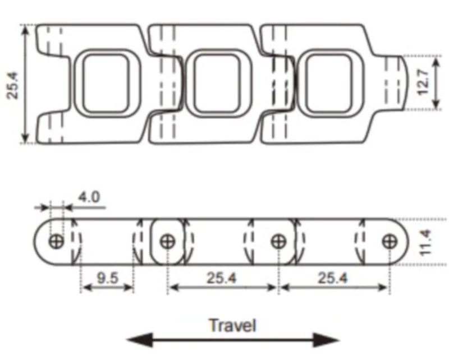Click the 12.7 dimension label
tap(423, 82)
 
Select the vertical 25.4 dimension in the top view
tap(13, 85)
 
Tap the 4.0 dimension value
tap(89, 197)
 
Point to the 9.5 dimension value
tap(107, 278)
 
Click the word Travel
tap(232, 325)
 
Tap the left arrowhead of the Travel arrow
tap(140, 340)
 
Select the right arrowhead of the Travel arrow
tap(326, 340)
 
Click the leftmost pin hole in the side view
tap(56, 241)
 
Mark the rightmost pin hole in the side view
tap(390, 242)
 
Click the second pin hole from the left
tap(167, 241)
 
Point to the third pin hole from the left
tap(278, 241)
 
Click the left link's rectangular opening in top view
tap(106, 84)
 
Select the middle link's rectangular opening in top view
tap(217, 84)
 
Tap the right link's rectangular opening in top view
tap(329, 84)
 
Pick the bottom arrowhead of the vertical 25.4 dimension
tap(25, 137)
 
